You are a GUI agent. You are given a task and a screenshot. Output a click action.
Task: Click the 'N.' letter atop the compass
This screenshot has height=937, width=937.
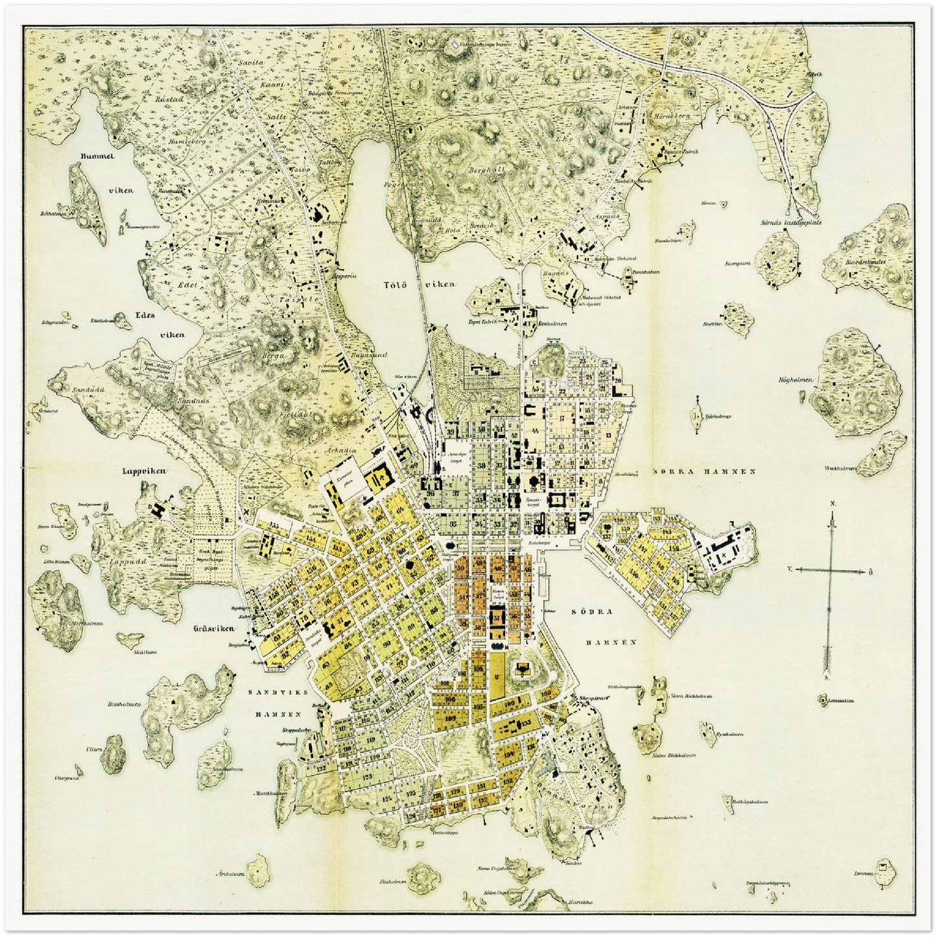pyautogui.click(x=831, y=504)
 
